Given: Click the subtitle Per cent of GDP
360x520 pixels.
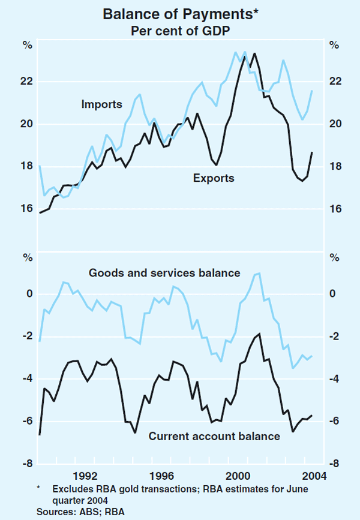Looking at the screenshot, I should point(179,29).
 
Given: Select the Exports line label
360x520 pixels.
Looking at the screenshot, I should point(214,178).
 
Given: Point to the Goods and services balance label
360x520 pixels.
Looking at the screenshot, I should point(164,273).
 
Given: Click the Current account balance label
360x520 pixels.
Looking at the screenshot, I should point(214,437).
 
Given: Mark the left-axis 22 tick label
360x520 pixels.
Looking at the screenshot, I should point(28,82).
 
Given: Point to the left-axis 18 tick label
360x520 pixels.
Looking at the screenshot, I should point(28,166).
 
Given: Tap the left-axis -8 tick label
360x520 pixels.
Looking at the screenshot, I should point(26,464).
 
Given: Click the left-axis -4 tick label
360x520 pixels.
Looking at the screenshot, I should point(26,379).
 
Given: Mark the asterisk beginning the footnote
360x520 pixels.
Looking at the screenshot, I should point(39,488).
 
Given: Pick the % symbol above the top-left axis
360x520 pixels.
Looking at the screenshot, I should point(27,44).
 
